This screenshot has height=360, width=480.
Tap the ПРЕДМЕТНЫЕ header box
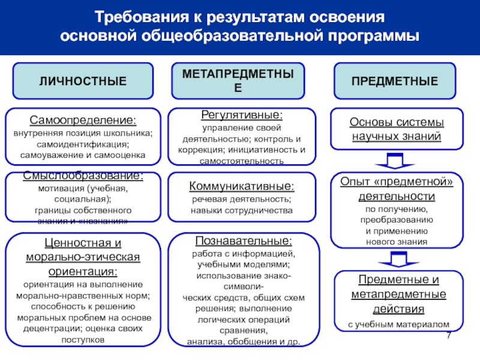click(394, 81)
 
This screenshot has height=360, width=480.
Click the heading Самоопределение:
click(83, 120)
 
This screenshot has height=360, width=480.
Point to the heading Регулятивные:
click(242, 114)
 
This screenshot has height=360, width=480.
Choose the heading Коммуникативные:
click(242, 187)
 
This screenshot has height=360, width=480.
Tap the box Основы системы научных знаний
click(396, 130)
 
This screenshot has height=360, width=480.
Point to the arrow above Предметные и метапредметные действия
click(394, 259)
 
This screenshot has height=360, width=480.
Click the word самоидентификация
click(83, 145)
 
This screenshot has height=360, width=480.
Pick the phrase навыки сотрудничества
click(242, 211)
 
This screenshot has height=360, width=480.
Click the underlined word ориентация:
click(83, 271)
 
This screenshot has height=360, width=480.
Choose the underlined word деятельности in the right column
click(396, 196)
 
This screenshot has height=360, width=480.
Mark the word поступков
click(83, 340)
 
